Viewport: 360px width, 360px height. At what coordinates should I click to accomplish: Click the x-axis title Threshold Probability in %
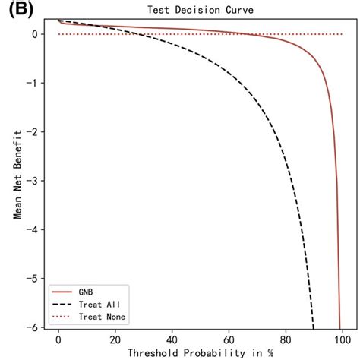coord(200,353)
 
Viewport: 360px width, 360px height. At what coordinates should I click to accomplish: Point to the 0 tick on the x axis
coord(58,339)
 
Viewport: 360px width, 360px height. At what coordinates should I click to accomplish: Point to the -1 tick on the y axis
coord(33,83)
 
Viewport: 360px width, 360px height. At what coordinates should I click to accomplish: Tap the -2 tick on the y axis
coord(33,131)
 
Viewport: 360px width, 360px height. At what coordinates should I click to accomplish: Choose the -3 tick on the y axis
coord(33,181)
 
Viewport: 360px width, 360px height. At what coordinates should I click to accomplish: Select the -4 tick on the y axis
coord(33,229)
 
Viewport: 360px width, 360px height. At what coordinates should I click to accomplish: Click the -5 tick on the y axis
coord(33,278)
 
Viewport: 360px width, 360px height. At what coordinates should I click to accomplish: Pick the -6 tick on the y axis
coord(33,327)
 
